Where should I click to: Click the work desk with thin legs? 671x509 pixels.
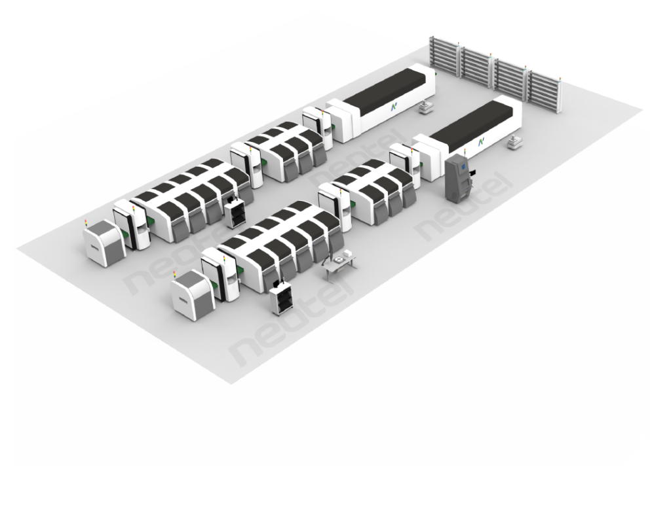coord(340,263)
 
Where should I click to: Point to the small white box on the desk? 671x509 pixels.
coord(338,259)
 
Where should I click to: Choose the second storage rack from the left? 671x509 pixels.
coord(479,68)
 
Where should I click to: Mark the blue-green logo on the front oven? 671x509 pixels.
coord(481,141)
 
